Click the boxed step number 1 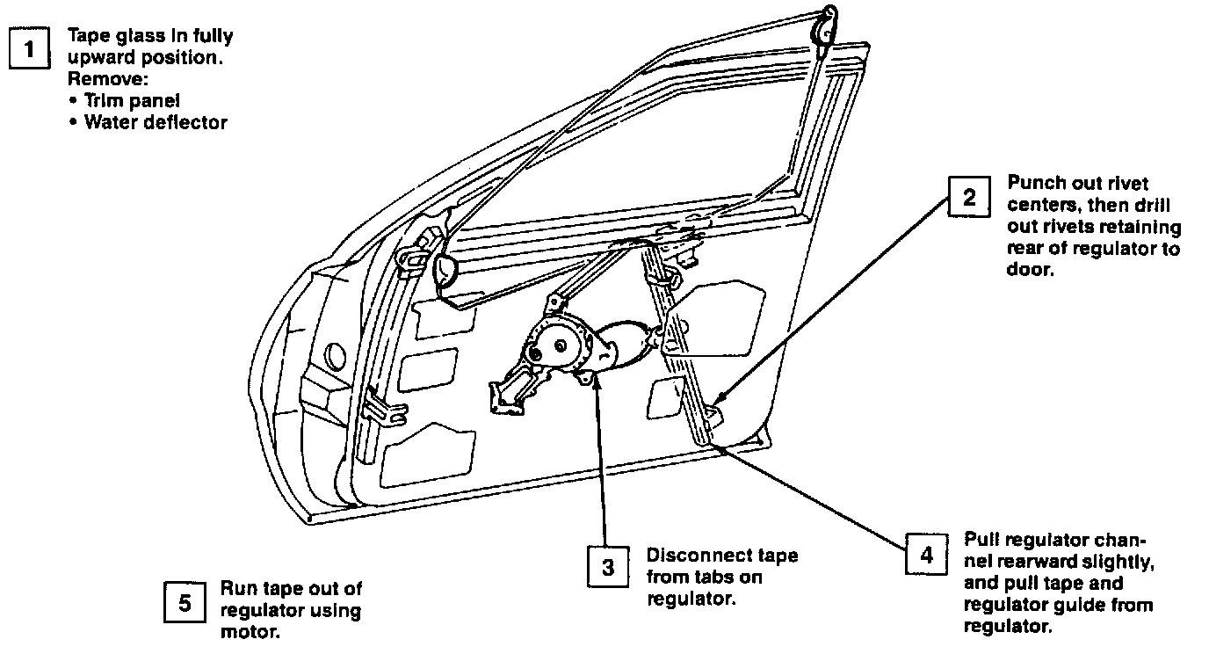click(x=29, y=49)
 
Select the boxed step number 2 click(x=969, y=197)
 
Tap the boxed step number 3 click(x=608, y=567)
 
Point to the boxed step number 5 click(x=185, y=602)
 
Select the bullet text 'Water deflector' click(x=156, y=122)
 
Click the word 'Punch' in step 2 click(x=1033, y=184)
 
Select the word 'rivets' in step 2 click(x=1064, y=228)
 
